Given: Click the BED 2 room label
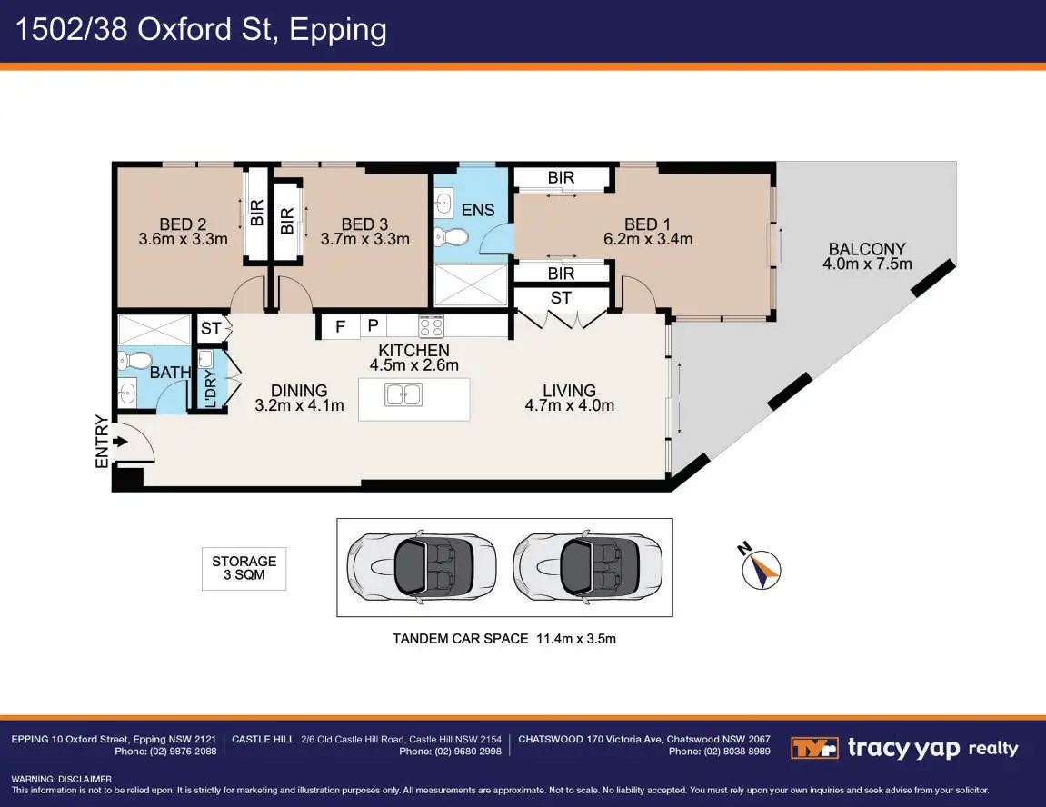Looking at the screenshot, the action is [x=176, y=224].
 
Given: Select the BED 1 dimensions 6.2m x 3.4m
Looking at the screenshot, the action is [x=647, y=240].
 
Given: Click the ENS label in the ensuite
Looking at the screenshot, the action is [x=478, y=210].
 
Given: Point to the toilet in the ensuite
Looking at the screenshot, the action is [x=451, y=238].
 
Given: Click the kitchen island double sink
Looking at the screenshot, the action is [x=403, y=395].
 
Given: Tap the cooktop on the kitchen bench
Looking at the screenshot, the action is [x=431, y=325].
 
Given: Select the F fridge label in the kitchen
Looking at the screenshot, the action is [x=341, y=326].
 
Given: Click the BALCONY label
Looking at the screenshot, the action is [x=867, y=249].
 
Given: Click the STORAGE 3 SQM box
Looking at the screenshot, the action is [x=244, y=568].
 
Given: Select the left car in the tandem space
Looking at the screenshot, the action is [x=421, y=567].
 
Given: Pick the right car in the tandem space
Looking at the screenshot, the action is [x=586, y=567].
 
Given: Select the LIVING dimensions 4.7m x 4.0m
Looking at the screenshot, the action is [x=570, y=405].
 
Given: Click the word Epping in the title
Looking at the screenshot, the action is [x=338, y=30].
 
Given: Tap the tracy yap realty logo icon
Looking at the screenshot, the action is [x=814, y=748].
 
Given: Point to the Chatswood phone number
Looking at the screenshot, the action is [x=719, y=752].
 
